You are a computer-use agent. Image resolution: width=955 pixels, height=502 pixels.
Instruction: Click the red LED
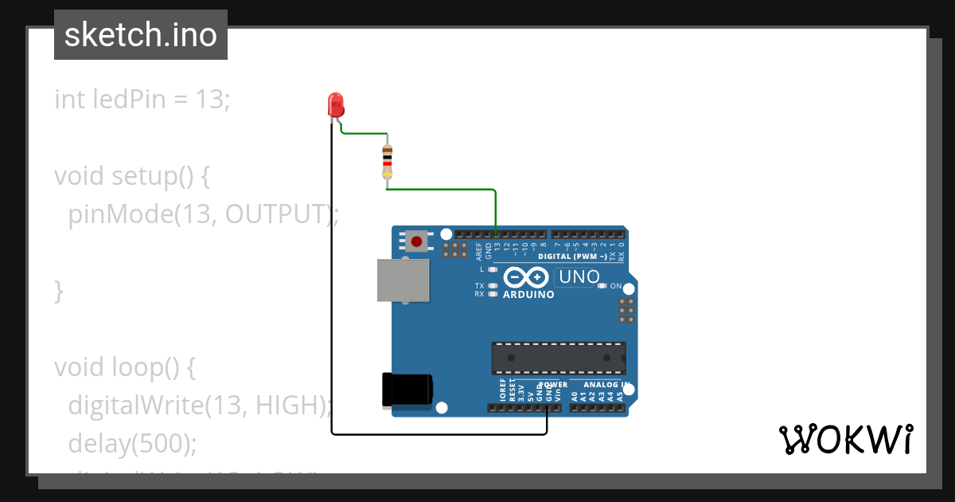click(336, 104)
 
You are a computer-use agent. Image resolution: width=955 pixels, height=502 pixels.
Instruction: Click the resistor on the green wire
click(388, 161)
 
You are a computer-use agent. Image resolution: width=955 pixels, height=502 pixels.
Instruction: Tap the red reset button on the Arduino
click(415, 241)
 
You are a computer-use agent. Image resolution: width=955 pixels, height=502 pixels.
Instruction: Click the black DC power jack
click(407, 390)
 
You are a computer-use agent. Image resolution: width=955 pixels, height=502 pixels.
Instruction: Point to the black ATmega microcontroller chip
click(558, 358)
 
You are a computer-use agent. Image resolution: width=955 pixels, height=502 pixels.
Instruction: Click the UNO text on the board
click(579, 277)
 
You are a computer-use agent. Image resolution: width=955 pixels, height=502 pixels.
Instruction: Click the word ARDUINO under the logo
click(528, 294)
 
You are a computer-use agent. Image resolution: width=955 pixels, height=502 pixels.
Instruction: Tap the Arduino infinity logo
click(526, 277)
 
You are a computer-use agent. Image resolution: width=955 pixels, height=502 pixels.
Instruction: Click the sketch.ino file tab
click(141, 35)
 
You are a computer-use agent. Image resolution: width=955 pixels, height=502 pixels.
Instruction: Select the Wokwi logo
click(845, 440)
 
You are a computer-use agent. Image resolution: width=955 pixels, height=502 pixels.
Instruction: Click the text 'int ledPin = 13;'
click(142, 100)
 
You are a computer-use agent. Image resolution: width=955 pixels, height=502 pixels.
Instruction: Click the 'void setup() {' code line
click(132, 176)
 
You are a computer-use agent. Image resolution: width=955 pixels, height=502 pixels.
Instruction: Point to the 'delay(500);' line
click(132, 442)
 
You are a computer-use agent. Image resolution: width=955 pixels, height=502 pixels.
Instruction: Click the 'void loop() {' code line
click(125, 367)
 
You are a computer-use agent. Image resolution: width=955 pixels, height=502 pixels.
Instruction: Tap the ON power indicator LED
click(602, 285)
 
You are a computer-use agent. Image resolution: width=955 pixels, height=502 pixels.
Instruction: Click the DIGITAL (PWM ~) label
click(572, 257)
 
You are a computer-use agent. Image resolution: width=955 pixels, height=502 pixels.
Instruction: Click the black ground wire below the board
click(438, 434)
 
